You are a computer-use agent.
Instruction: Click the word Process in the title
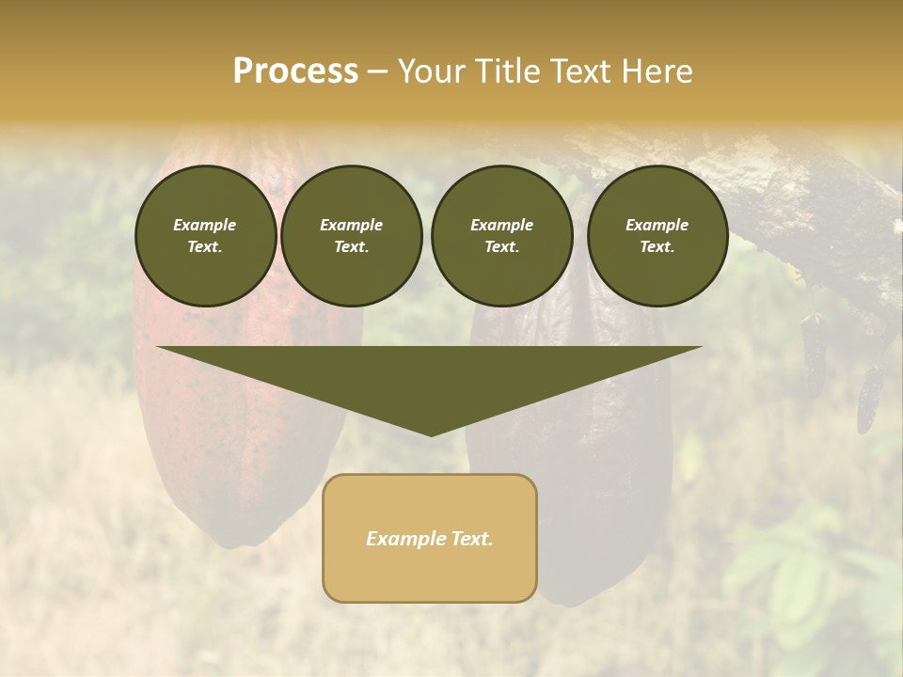pos(295,71)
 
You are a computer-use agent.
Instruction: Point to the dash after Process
pos(378,72)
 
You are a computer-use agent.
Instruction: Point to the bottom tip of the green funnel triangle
pos(431,434)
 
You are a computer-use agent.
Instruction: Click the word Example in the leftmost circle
pos(205,225)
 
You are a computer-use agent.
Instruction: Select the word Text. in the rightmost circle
pos(657,246)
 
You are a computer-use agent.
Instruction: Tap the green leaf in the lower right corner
pos(790,583)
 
